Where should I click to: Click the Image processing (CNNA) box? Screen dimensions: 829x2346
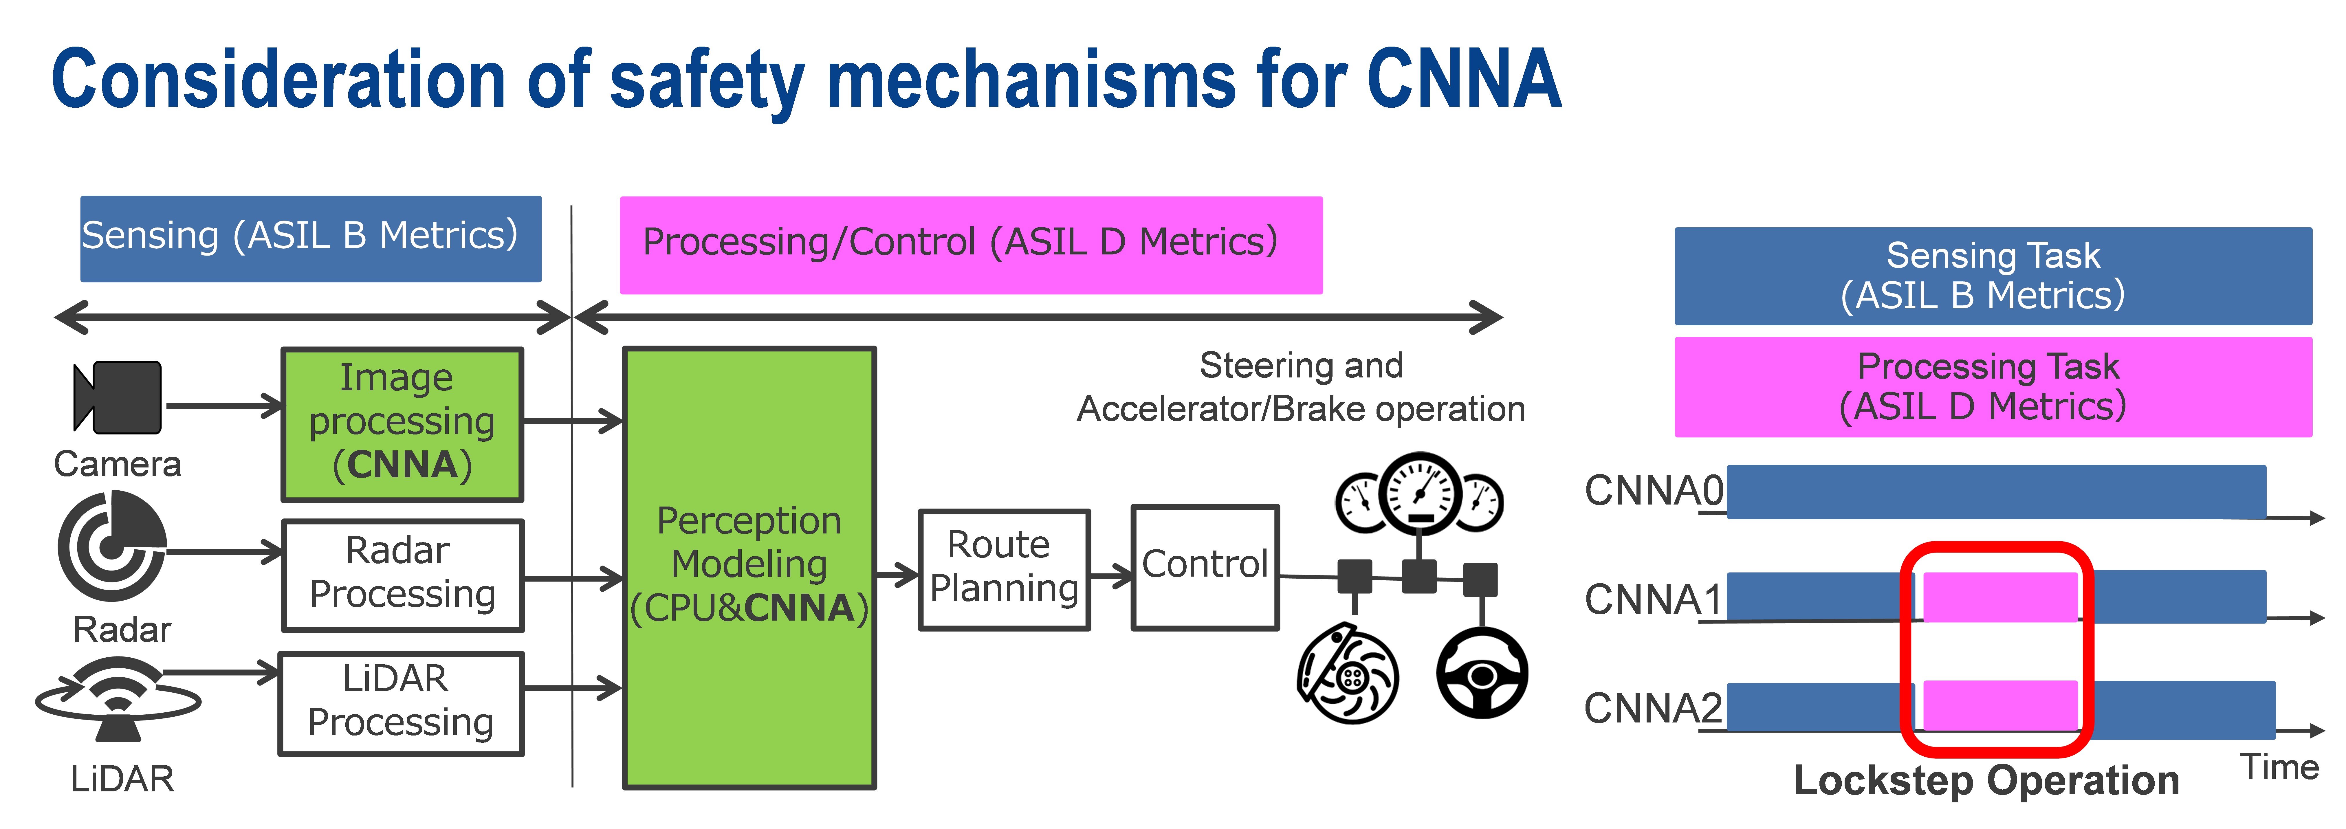click(x=402, y=423)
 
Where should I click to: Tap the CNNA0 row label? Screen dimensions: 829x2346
click(x=1653, y=491)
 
